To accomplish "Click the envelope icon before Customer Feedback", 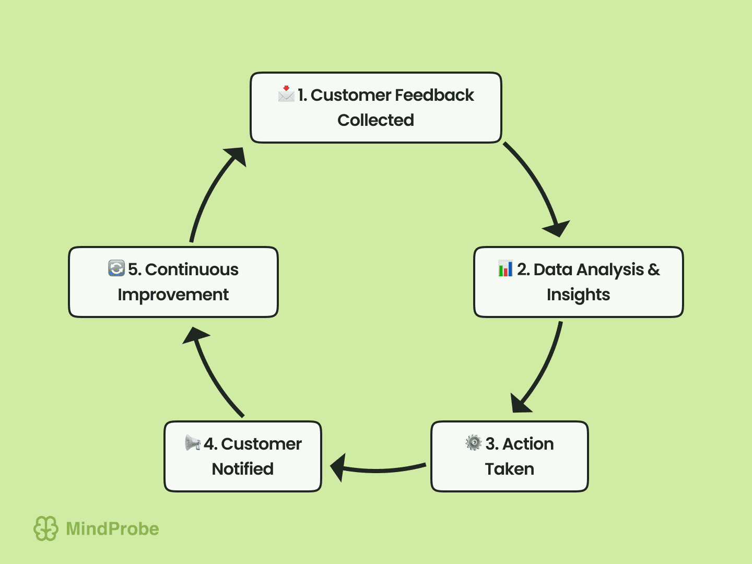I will [x=286, y=94].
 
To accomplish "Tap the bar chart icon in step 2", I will [x=505, y=268].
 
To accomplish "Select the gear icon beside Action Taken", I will [x=473, y=443].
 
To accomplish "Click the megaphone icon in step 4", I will [x=193, y=443].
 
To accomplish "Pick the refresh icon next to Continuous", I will [x=116, y=268].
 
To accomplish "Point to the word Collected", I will [x=375, y=120].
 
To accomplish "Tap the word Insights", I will [x=578, y=295].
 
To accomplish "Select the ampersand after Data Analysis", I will [x=654, y=269].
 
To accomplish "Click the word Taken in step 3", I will [x=509, y=469].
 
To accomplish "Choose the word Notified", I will [x=242, y=469].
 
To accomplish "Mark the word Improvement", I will [x=173, y=295].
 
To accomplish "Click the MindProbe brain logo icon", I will [x=46, y=528].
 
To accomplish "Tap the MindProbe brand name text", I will [x=112, y=529].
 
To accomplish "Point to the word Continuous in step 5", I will [x=192, y=269].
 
